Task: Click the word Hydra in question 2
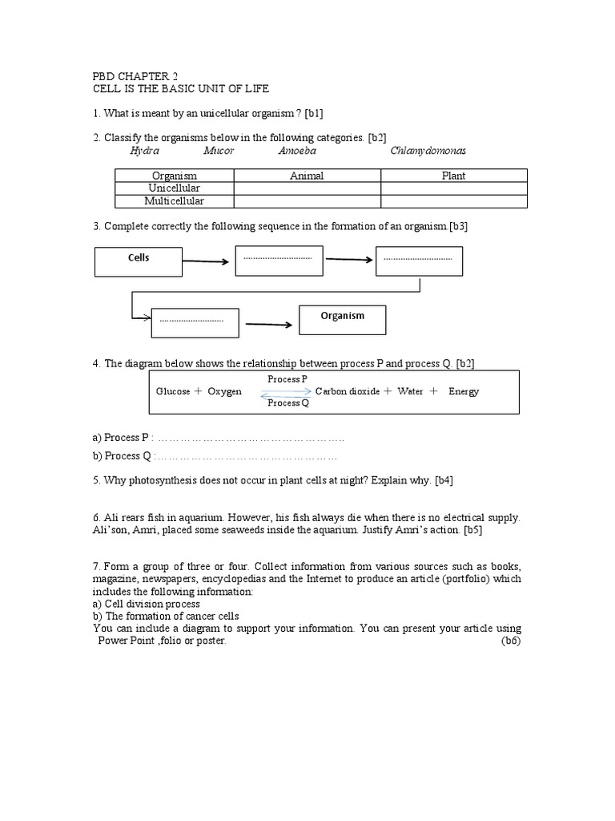click(144, 151)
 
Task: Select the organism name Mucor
click(219, 151)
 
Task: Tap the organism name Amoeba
click(297, 151)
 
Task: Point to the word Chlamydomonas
click(428, 151)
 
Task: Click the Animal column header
click(307, 176)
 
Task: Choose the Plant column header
click(453, 176)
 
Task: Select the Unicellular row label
click(174, 188)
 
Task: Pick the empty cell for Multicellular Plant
click(453, 200)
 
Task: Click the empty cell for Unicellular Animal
click(307, 188)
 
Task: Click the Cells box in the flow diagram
click(139, 259)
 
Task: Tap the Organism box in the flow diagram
click(342, 318)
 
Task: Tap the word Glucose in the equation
click(173, 391)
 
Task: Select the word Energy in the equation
click(464, 391)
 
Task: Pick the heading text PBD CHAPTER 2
click(136, 77)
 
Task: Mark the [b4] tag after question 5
click(444, 480)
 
